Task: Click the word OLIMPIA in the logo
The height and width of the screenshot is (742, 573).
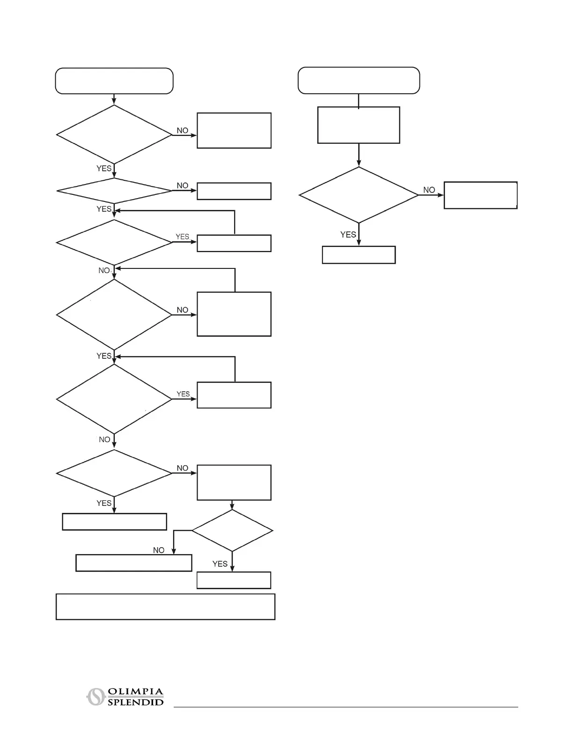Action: tap(135, 692)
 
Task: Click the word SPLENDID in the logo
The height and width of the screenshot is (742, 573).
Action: tap(135, 702)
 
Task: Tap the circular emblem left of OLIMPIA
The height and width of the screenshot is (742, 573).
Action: tap(95, 697)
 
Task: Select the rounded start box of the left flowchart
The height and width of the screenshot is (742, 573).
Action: tap(114, 81)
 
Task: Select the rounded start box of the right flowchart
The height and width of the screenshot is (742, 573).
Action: tap(359, 81)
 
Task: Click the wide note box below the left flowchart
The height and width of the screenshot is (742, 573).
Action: tap(165, 607)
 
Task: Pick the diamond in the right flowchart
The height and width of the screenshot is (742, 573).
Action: tap(359, 195)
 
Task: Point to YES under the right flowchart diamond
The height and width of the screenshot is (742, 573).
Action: tap(348, 235)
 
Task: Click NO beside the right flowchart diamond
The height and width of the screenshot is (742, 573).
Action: tap(429, 190)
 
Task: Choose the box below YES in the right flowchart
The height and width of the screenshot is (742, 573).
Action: tap(359, 255)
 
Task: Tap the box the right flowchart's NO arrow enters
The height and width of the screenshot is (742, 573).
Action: tap(480, 195)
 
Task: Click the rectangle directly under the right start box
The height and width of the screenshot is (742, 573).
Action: tap(359, 125)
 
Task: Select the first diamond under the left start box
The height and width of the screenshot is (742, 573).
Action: tap(114, 134)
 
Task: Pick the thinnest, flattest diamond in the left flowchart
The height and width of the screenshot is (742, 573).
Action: tap(114, 191)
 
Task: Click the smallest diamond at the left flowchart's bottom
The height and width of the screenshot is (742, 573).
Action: tap(232, 531)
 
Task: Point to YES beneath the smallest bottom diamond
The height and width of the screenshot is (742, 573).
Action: tap(220, 564)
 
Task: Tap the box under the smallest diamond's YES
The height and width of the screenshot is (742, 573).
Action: tap(234, 580)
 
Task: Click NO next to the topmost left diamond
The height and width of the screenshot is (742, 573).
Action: tap(182, 131)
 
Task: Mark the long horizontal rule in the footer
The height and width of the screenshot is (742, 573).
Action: tap(345, 707)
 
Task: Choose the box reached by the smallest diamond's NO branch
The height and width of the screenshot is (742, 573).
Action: tap(133, 563)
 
